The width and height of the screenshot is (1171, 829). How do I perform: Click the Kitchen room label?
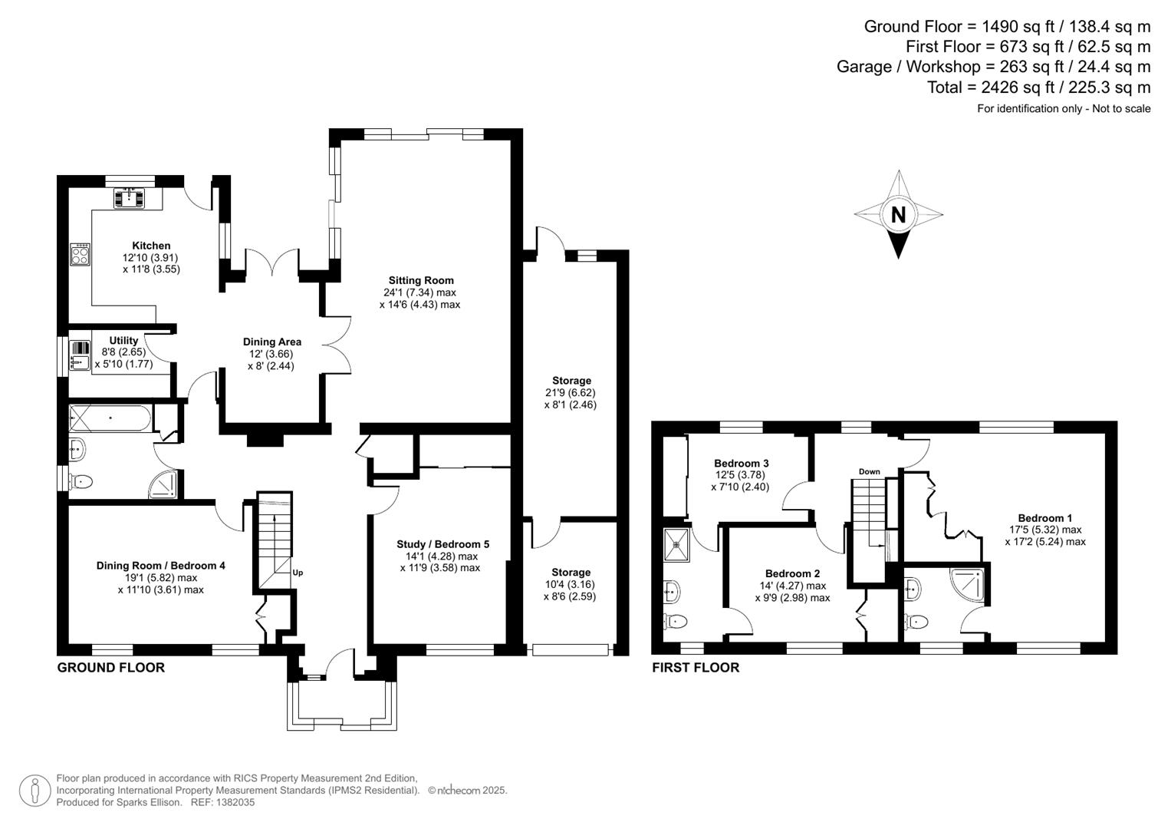(x=151, y=246)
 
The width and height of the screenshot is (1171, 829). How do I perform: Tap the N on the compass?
(x=898, y=215)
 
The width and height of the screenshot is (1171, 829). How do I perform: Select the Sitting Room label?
(x=420, y=280)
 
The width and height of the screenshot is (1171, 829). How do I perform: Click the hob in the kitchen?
(x=80, y=254)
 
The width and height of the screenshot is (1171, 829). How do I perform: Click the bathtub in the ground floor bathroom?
(x=110, y=418)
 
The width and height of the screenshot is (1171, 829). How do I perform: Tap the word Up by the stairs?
(x=298, y=573)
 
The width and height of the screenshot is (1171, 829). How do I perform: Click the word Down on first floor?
(x=869, y=471)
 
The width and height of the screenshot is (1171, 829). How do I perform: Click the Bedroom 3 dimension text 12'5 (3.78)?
(x=741, y=475)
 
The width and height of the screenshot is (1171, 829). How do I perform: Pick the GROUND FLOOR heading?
(x=111, y=668)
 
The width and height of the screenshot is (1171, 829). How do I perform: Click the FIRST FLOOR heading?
(x=696, y=668)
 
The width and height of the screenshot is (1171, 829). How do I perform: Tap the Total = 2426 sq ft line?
(x=1038, y=88)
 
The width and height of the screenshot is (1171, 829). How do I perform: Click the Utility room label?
(x=123, y=340)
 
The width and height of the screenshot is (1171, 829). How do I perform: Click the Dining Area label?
(x=271, y=342)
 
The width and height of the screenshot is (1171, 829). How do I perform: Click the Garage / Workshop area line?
(x=993, y=67)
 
